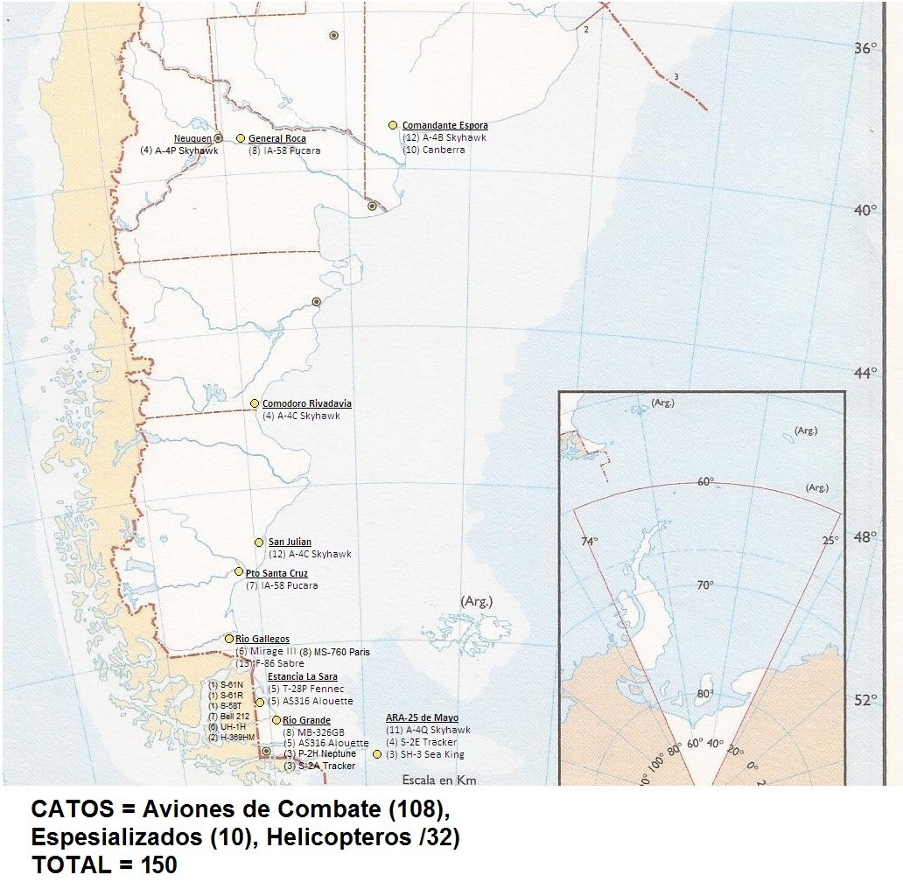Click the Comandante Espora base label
pos(444,125)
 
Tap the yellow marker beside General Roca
pos(241,138)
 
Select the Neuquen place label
pos(192,138)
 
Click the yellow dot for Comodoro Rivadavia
pos(255,403)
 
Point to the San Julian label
pos(290,542)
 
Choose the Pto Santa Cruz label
pos(276,573)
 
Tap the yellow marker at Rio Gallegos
pos(229,639)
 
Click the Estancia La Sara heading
pos(302,676)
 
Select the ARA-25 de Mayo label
pos(422,718)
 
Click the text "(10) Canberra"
pos(433,150)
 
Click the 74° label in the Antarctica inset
pos(589,541)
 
